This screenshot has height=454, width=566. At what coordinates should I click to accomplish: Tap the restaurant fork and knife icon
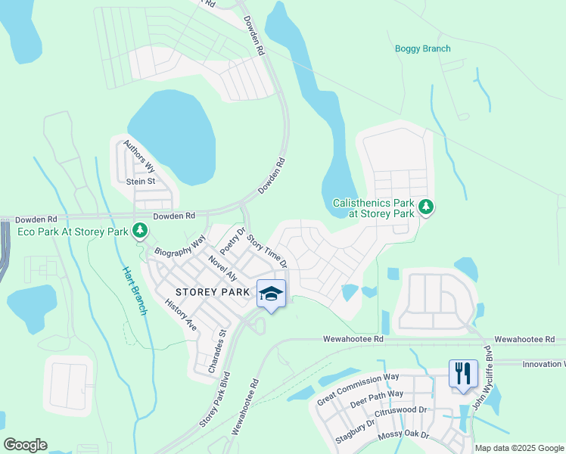[463, 372]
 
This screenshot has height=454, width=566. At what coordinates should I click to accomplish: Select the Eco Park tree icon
[139, 229]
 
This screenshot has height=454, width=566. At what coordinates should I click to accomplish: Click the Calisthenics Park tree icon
[426, 207]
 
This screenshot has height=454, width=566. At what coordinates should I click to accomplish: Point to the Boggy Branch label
[422, 49]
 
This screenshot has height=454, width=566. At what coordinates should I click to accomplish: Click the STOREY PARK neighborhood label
[212, 291]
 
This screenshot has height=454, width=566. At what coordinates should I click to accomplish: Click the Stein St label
[140, 182]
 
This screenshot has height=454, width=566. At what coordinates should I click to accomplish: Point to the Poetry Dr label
[233, 241]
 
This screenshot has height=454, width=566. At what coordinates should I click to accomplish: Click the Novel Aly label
[223, 269]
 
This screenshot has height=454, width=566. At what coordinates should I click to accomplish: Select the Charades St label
[216, 350]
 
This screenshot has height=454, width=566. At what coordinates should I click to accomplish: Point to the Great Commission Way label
[358, 388]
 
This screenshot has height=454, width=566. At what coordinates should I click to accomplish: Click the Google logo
[25, 445]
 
